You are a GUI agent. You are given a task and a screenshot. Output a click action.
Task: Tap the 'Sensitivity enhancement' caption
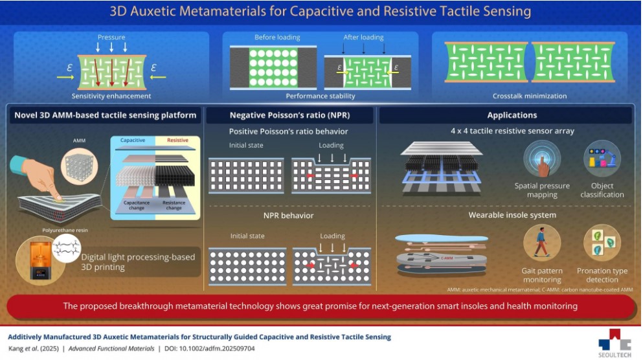pyautogui.click(x=111, y=96)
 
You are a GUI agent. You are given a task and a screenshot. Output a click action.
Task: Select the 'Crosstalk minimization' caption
pyautogui.click(x=529, y=96)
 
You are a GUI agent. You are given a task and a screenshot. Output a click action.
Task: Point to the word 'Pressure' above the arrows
pyautogui.click(x=111, y=38)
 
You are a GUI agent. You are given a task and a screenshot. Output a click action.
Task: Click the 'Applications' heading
pyautogui.click(x=511, y=115)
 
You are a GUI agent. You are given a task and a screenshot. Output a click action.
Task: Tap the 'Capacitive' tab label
pyautogui.click(x=133, y=140)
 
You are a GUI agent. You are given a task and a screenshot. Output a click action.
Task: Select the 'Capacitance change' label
pyautogui.click(x=136, y=205)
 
